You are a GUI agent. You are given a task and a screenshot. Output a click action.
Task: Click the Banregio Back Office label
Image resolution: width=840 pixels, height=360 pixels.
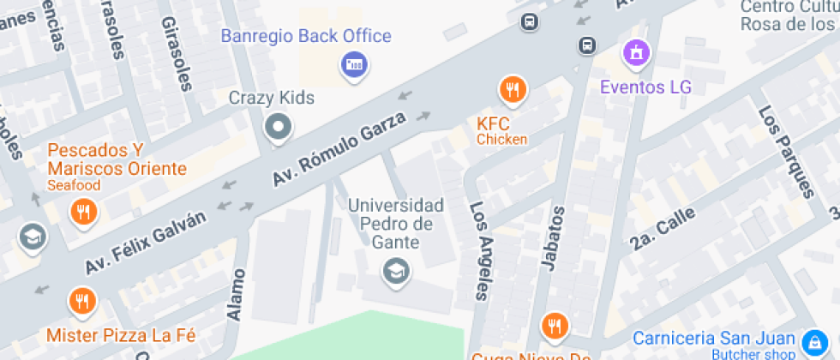click(306, 37)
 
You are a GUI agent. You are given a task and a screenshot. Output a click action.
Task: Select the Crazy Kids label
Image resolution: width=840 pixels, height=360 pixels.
click(271, 98)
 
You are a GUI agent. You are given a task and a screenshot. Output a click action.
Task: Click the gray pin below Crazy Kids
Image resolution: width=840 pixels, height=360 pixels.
click(279, 129)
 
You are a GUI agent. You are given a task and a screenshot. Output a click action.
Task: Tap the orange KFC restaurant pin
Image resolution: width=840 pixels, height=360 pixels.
click(513, 88)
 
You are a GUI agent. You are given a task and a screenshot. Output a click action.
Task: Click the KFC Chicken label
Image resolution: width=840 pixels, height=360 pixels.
click(501, 130)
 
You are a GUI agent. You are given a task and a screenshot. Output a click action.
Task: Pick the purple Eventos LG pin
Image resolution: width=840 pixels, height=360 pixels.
click(636, 54)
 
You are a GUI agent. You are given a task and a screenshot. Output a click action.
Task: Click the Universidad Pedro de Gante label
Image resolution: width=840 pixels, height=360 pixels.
click(395, 223)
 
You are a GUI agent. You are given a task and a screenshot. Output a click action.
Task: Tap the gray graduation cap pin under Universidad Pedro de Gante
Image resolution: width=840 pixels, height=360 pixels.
click(396, 272)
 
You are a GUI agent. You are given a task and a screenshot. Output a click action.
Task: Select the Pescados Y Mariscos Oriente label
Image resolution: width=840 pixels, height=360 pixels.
click(117, 159)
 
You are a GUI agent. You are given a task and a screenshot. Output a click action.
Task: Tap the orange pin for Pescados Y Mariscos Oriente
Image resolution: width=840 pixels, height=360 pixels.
click(83, 211)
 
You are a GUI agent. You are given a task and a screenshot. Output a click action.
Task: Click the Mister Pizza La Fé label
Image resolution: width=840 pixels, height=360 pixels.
click(121, 334)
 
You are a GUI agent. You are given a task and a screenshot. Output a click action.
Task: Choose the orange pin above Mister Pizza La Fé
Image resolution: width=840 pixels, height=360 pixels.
click(81, 301)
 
